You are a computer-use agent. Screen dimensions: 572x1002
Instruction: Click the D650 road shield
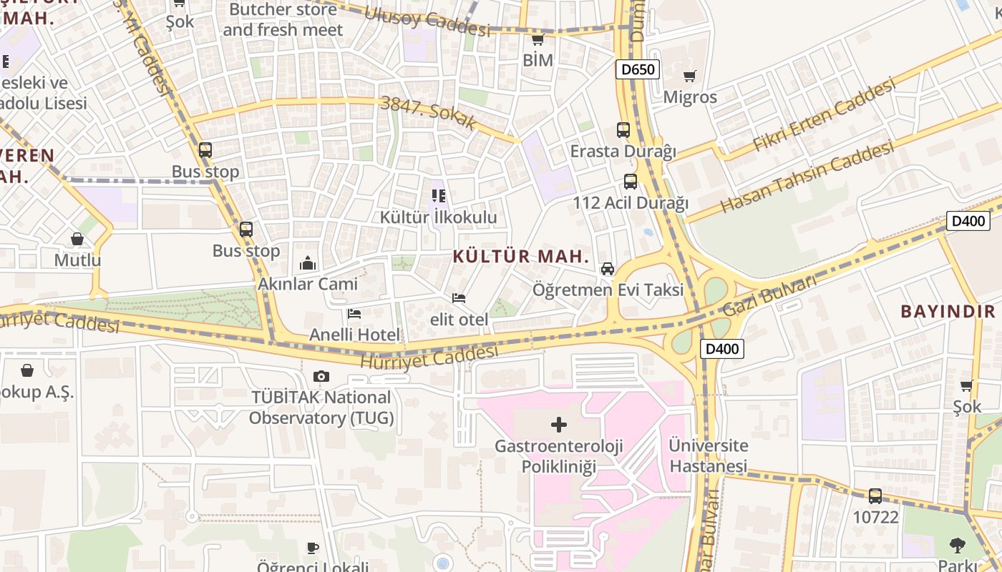coord(637,69)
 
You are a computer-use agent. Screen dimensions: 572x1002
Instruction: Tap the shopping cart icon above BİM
coord(538,39)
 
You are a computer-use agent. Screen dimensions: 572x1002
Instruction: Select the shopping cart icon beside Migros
coord(690,76)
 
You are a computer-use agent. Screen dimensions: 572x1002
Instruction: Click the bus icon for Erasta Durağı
coord(623,130)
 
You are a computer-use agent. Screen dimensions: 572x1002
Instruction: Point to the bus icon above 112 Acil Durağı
coord(630,182)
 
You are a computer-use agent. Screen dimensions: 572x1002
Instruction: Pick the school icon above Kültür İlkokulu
coord(439,195)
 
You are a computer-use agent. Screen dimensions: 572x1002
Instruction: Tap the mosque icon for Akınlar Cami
coord(308,263)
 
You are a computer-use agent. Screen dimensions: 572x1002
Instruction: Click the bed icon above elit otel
coord(459,297)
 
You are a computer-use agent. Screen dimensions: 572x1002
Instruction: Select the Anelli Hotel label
coord(355,335)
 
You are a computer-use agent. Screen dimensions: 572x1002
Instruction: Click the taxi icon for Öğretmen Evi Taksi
coord(608,269)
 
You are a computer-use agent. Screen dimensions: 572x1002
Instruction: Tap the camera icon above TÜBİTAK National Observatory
coord(321,376)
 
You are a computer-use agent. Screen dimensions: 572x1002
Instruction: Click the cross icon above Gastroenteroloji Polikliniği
coord(559,425)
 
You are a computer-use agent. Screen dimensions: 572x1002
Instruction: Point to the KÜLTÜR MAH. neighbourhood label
coord(521,257)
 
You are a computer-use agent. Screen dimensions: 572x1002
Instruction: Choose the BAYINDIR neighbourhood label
coord(948,311)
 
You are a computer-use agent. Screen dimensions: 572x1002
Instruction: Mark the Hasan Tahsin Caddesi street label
coord(807,177)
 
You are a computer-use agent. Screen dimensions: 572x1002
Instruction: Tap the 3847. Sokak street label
coord(429,112)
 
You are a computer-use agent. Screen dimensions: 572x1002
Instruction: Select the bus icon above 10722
coord(875,495)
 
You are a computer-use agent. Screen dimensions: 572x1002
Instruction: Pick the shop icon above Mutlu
coord(77,239)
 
